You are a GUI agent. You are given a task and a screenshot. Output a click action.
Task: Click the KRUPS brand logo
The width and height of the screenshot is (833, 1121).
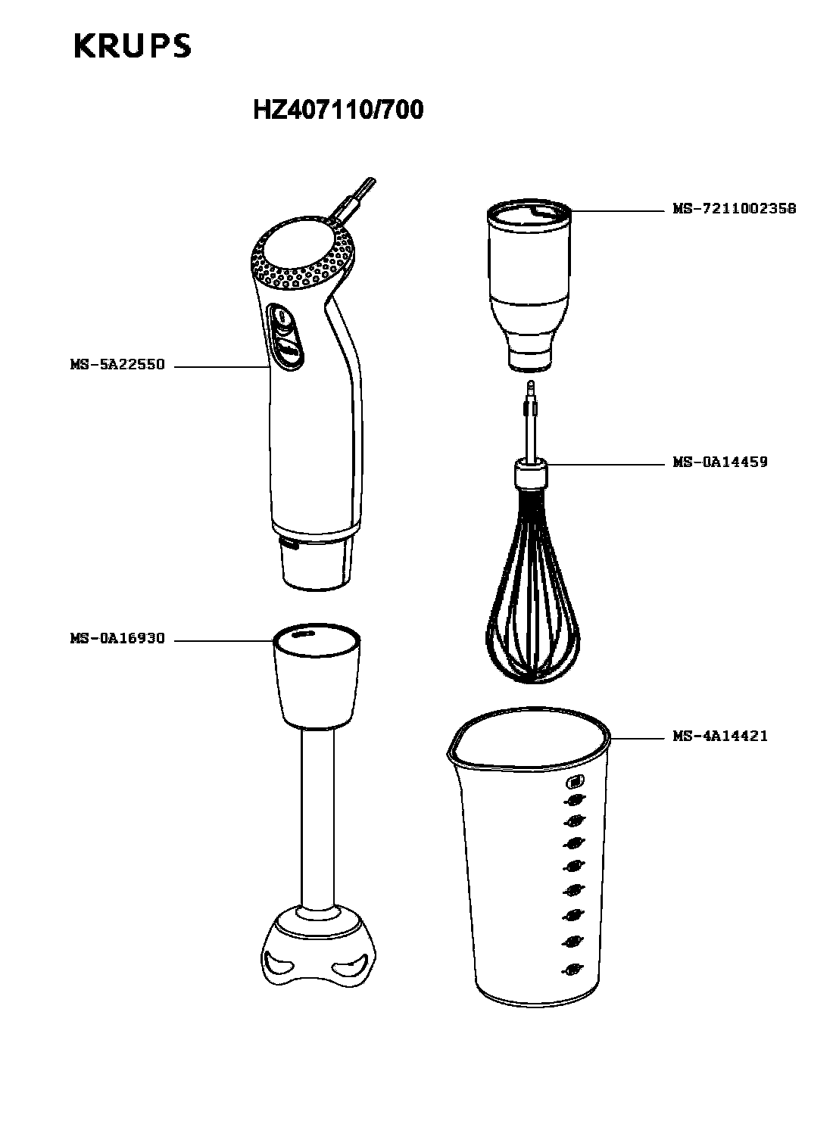pos(133,46)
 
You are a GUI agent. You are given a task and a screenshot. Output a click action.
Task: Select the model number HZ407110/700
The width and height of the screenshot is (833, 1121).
pos(339,110)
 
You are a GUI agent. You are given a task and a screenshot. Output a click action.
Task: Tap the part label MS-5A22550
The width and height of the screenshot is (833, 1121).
pos(118,364)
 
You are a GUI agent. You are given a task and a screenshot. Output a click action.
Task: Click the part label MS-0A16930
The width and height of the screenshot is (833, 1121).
pos(118,638)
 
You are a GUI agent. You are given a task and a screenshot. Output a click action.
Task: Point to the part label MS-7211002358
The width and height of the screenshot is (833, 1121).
pos(735,208)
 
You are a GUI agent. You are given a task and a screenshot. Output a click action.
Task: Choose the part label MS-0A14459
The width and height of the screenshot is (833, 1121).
pos(720,462)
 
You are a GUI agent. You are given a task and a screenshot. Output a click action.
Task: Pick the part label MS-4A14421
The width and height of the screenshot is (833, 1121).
pos(720,736)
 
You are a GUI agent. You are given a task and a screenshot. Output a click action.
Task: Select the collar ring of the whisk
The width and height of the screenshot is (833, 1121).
pos(531,473)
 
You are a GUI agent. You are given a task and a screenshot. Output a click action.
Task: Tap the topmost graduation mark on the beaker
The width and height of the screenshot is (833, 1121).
pos(575,782)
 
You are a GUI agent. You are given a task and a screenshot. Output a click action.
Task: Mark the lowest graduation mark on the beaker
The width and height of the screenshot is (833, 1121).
pos(572,970)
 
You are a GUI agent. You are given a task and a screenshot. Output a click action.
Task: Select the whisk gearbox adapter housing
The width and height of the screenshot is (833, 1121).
pos(529,285)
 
